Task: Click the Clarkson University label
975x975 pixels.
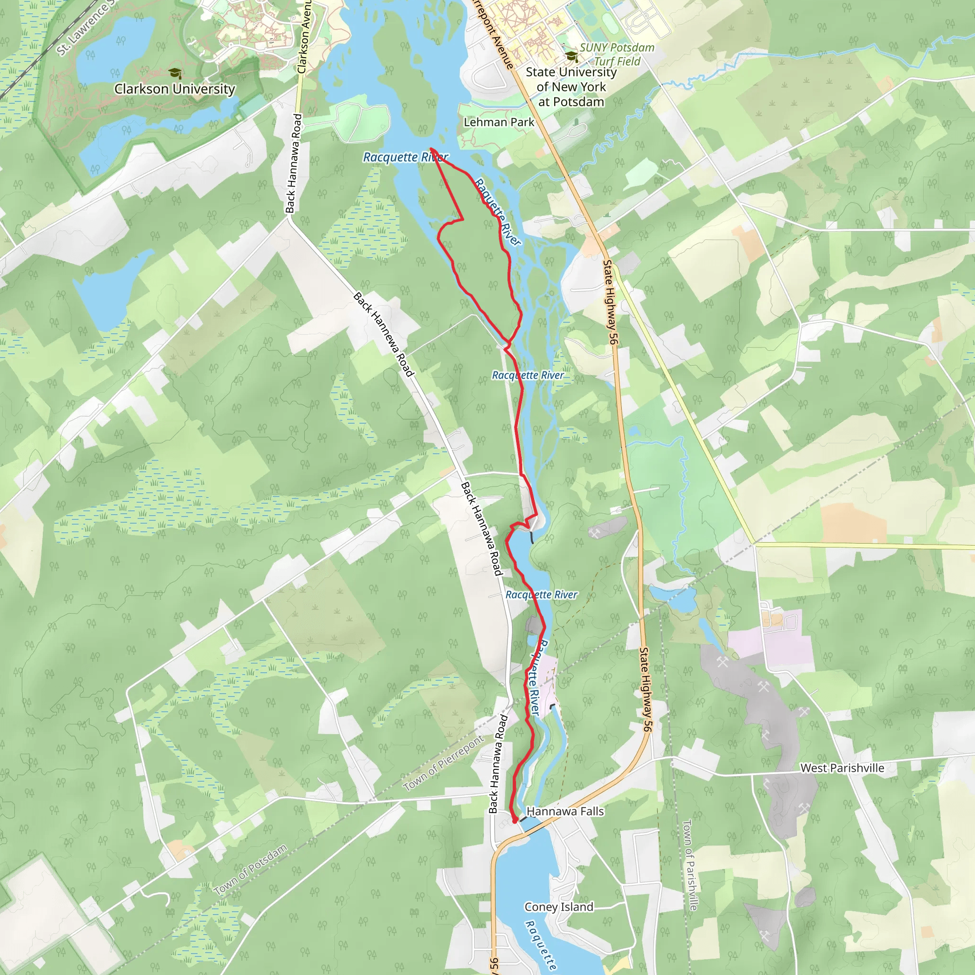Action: (x=175, y=89)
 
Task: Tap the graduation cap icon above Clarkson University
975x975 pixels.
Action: (x=175, y=74)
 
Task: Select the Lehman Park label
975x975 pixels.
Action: (x=498, y=122)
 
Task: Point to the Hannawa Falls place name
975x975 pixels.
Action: (x=565, y=811)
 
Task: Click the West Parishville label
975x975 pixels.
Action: (x=842, y=767)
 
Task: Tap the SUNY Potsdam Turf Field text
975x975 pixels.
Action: (x=616, y=54)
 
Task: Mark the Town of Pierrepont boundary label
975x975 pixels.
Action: (x=443, y=763)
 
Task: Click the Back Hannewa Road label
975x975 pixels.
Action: (x=384, y=334)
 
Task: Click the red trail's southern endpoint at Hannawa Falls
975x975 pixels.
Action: (x=515, y=821)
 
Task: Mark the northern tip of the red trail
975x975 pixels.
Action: (x=430, y=149)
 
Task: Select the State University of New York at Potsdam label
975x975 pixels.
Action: (x=571, y=87)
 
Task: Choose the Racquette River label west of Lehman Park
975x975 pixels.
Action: (x=405, y=158)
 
